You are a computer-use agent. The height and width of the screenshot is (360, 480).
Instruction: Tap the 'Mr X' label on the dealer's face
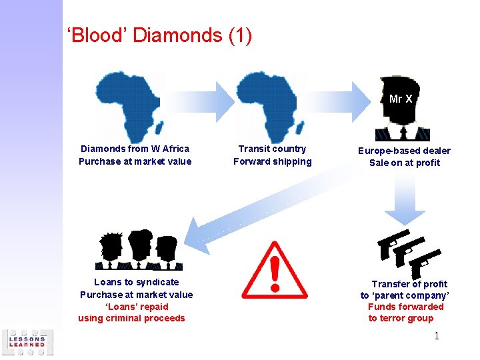point(401,99)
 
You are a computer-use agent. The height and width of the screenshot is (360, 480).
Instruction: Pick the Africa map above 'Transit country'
point(269,107)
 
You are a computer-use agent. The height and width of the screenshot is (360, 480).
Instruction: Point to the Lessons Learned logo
point(27,343)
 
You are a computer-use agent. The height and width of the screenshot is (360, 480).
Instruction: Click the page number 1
point(437,336)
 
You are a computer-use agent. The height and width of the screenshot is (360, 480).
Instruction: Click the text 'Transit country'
point(272,149)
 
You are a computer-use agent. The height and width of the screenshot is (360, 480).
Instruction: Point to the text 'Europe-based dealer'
point(404,151)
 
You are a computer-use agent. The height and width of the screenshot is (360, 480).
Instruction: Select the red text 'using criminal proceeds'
point(131,318)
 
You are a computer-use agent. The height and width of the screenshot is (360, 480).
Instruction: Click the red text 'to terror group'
point(401,318)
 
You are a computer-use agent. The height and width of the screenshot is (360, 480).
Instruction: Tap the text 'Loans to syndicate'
point(136,282)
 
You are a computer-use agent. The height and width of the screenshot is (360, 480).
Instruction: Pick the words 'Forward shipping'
point(272,161)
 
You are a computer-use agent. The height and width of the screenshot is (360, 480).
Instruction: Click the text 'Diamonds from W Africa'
point(135,149)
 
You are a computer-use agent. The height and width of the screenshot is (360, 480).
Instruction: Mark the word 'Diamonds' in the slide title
point(176,35)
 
